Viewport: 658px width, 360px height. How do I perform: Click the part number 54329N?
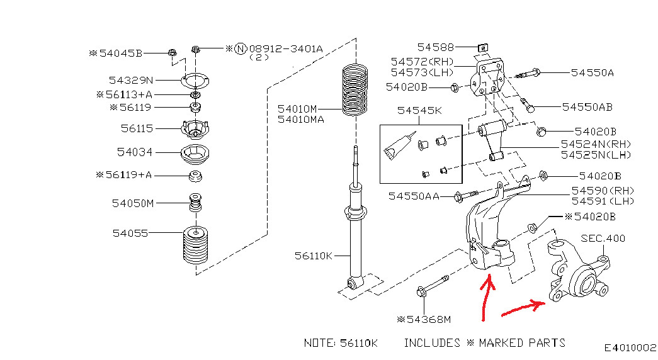(131, 80)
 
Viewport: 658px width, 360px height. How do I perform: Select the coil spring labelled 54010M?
(355, 90)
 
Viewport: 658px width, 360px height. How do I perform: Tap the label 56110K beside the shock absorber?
(313, 256)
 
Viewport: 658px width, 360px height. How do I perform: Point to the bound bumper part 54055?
(195, 245)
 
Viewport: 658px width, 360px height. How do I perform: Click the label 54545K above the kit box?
(419, 110)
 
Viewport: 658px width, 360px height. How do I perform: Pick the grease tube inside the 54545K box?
(399, 147)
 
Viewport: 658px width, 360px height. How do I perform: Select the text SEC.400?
(603, 239)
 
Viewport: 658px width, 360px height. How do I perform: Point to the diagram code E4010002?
(630, 347)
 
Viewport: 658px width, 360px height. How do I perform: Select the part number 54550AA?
(414, 196)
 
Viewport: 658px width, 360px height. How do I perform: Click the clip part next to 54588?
(483, 48)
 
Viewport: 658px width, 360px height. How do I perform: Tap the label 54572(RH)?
(422, 62)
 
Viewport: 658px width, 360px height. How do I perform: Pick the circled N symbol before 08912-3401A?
(240, 48)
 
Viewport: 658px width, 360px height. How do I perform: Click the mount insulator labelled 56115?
(195, 129)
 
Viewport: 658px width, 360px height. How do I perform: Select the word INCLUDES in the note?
(432, 343)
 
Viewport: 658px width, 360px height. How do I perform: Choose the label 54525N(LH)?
(596, 155)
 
